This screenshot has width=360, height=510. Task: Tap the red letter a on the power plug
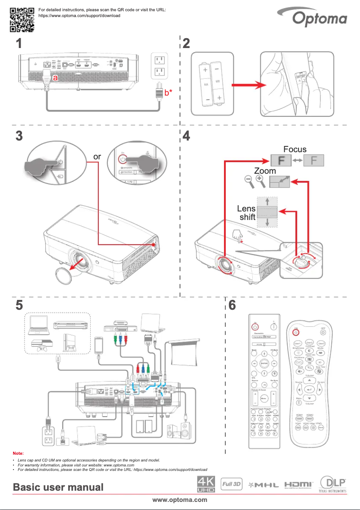(x=55, y=78)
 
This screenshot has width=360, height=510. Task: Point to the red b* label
(x=168, y=93)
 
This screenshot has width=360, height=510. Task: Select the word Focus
(x=294, y=149)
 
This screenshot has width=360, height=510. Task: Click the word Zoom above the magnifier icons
(x=265, y=171)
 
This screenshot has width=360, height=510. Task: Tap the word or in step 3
(x=97, y=157)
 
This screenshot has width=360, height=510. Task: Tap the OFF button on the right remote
(x=323, y=333)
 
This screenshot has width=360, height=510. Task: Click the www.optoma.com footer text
(x=180, y=500)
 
